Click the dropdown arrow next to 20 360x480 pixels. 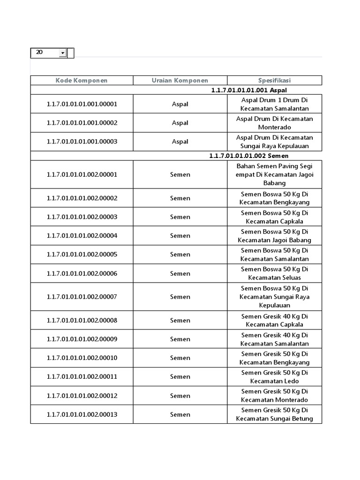(x=62, y=53)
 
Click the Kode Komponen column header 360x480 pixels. (x=82, y=80)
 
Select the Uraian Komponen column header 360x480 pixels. (x=180, y=80)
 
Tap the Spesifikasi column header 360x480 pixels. (x=274, y=80)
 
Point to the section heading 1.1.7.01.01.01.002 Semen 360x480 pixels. (x=248, y=156)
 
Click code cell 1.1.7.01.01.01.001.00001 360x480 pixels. (x=82, y=104)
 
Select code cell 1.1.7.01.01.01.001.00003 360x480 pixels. (x=82, y=142)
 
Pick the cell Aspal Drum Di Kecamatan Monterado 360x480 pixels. (x=274, y=123)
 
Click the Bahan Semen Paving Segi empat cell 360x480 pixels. (x=274, y=174)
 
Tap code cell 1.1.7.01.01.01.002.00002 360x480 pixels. (x=82, y=198)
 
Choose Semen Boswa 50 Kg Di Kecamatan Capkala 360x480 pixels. (x=274, y=217)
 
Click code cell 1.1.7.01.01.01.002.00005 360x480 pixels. (x=82, y=255)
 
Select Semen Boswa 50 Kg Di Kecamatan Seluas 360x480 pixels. (x=274, y=273)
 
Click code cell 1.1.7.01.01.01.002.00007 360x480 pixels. (x=82, y=297)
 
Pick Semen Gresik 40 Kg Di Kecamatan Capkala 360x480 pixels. (x=274, y=320)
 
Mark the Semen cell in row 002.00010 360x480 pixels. (x=180, y=358)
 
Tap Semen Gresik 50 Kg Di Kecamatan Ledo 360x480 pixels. (x=274, y=377)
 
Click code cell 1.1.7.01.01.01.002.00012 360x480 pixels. (x=82, y=396)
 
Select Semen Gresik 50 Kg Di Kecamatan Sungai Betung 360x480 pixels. (x=274, y=414)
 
